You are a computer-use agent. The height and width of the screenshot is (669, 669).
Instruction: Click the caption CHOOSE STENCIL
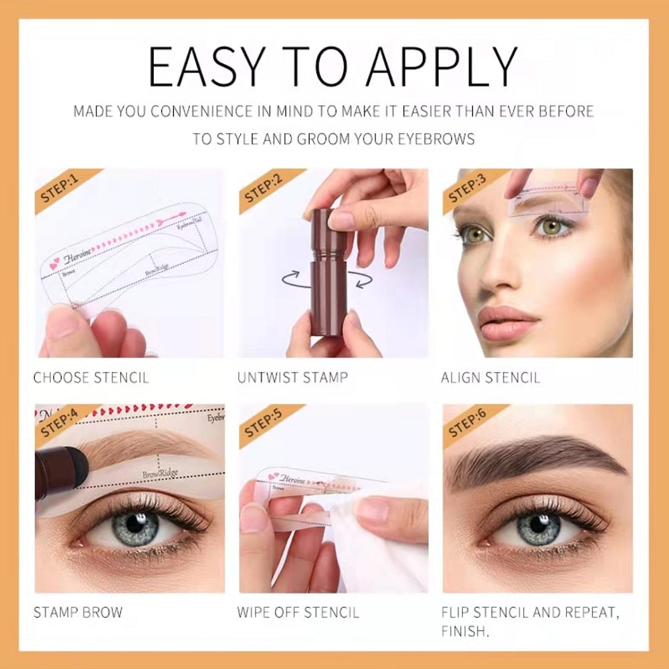click(91, 378)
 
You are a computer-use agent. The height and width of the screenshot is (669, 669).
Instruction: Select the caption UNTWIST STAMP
click(292, 378)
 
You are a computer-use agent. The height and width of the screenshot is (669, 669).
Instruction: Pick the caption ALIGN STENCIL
click(490, 378)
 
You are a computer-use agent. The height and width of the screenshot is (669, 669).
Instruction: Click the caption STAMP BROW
click(78, 612)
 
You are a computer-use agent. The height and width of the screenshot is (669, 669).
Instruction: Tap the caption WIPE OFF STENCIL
click(298, 612)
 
